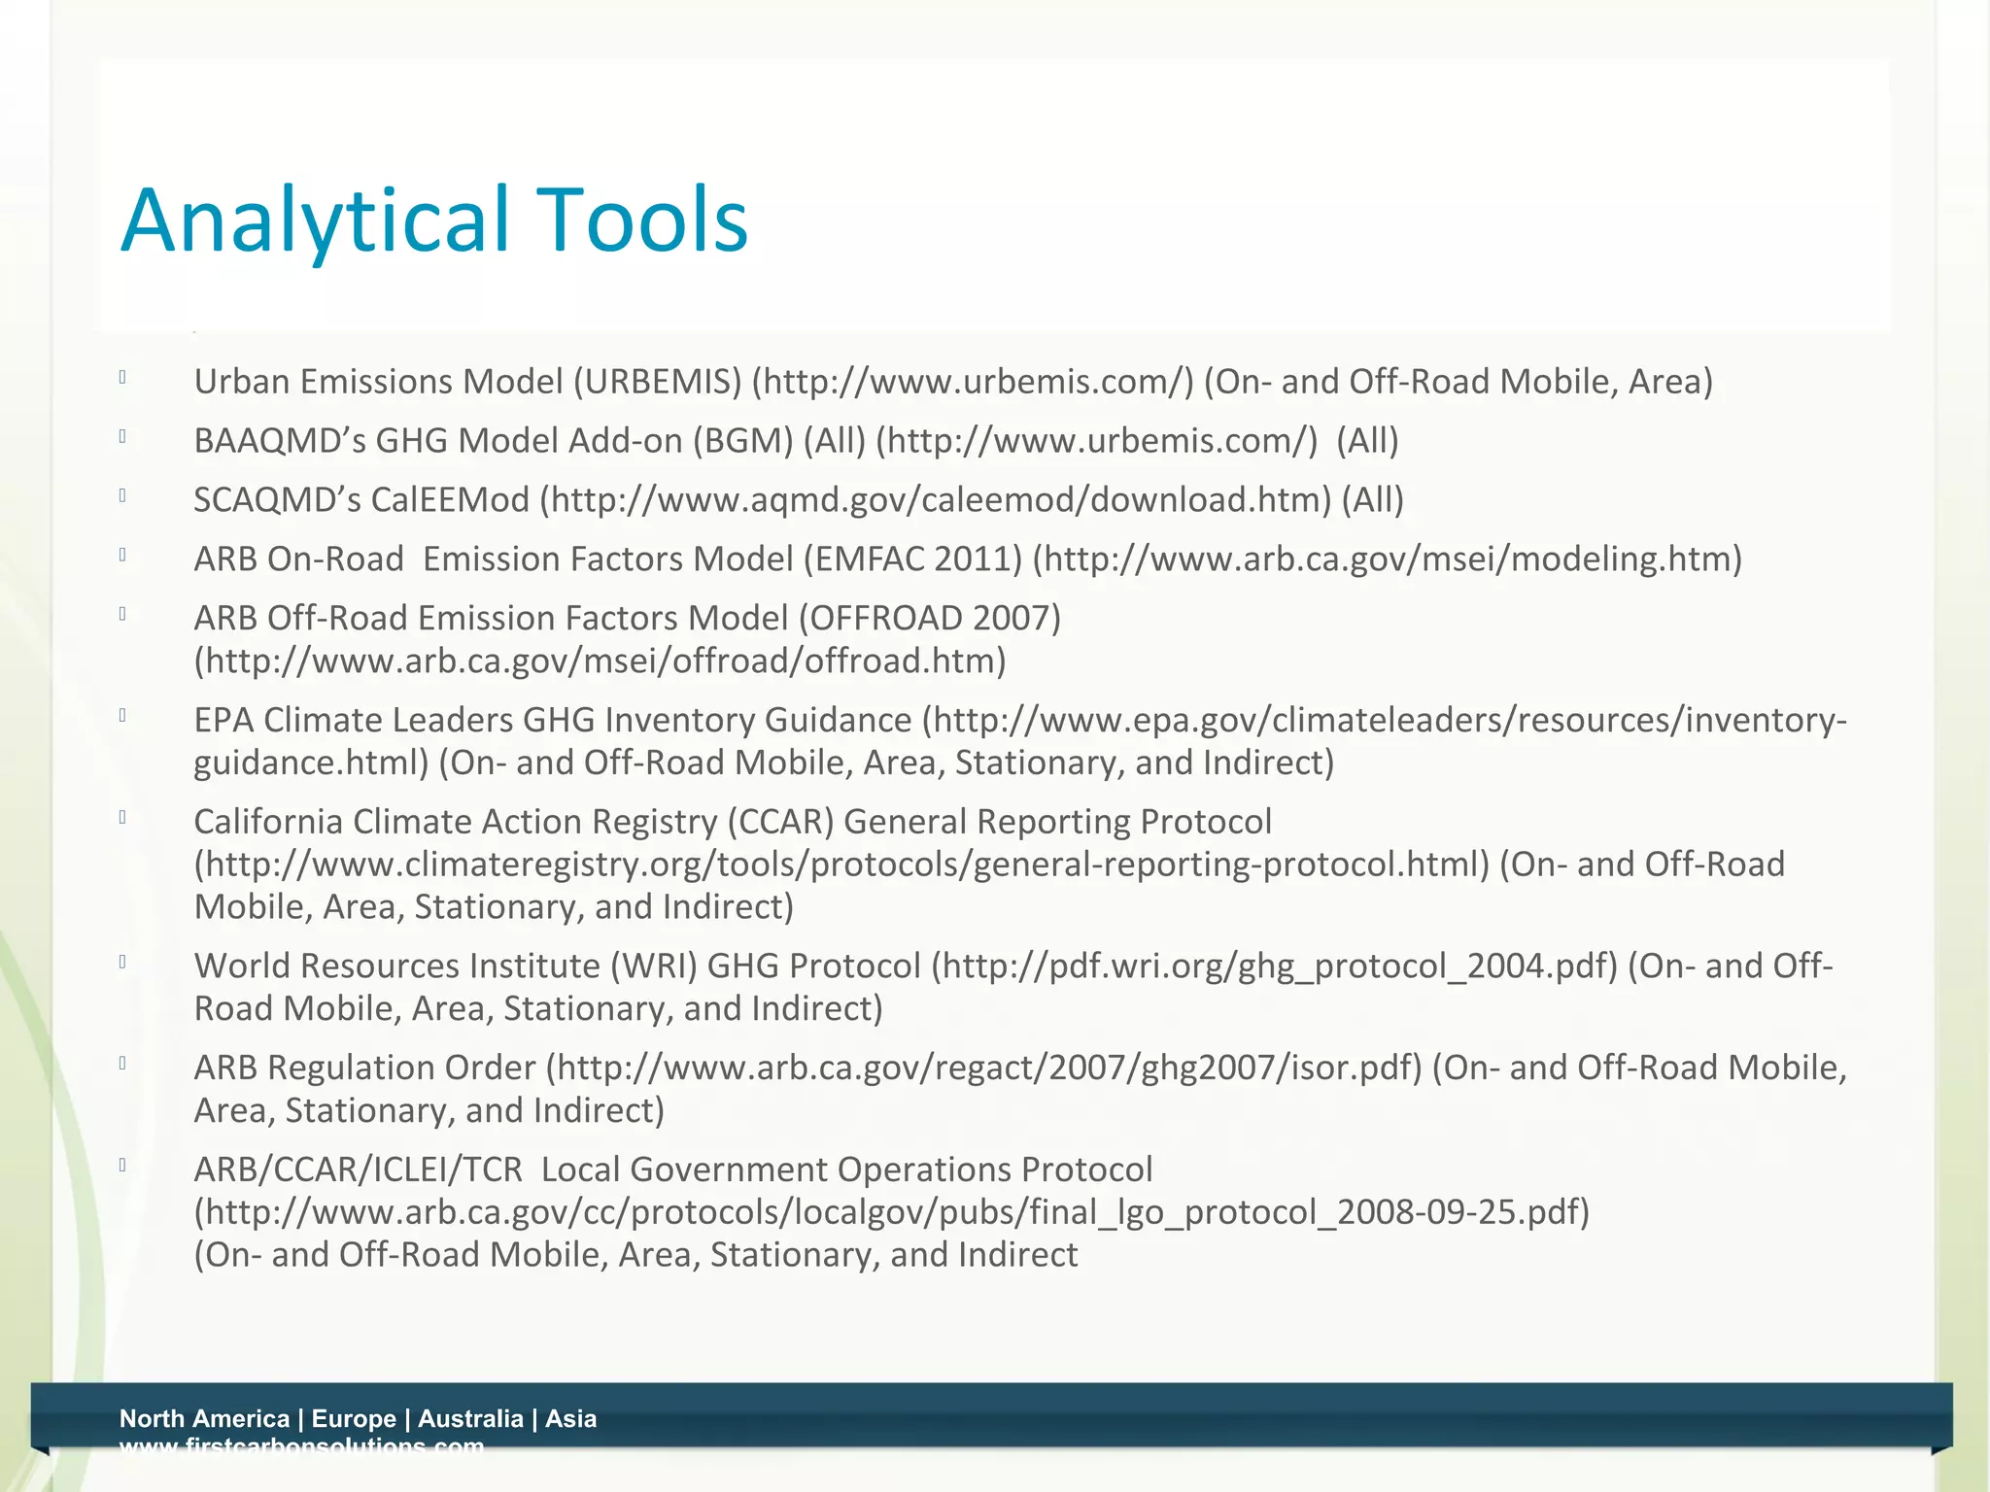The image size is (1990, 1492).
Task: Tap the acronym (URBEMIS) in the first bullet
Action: pyautogui.click(x=658, y=382)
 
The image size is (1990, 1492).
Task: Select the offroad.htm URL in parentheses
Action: pyautogui.click(x=600, y=661)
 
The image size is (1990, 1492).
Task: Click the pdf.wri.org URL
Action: pyautogui.click(x=1274, y=966)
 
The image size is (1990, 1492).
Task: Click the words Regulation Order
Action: pyautogui.click(x=401, y=1068)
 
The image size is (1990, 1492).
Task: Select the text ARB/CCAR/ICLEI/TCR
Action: pyautogui.click(x=358, y=1170)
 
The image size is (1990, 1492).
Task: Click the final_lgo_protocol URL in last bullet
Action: pyautogui.click(x=891, y=1213)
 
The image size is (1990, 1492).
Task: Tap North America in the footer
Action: pyautogui.click(x=204, y=1419)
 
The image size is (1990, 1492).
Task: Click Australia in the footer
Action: pyautogui.click(x=470, y=1419)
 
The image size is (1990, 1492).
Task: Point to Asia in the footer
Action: pyautogui.click(x=570, y=1419)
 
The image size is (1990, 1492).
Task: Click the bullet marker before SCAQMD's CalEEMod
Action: pyautogui.click(x=123, y=495)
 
